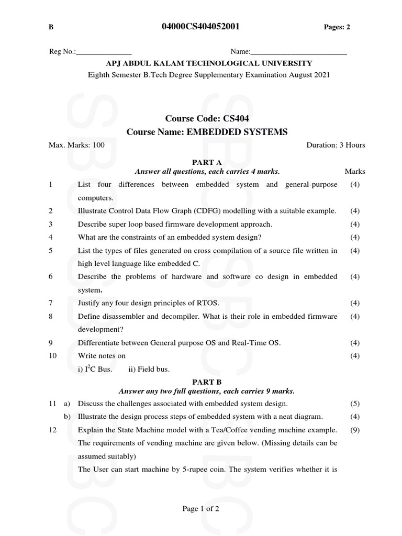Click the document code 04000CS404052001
pos(202,27)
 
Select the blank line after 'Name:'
pos(298,52)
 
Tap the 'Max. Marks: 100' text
pos(76,145)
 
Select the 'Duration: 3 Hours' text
pos(336,145)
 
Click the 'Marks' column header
pos(355,171)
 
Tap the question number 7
pos(50,303)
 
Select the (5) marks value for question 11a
pos(355,404)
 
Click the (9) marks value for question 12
pos(355,430)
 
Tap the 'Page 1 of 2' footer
pos(200,508)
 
